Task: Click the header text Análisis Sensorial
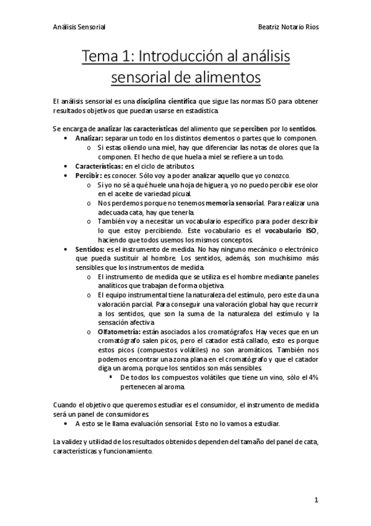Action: [x=80, y=27]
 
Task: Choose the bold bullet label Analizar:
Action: [x=90, y=138]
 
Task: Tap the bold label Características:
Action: [x=99, y=167]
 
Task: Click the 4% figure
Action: [x=313, y=377]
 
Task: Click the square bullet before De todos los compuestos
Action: [x=111, y=377]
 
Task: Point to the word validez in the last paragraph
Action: [x=72, y=442]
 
